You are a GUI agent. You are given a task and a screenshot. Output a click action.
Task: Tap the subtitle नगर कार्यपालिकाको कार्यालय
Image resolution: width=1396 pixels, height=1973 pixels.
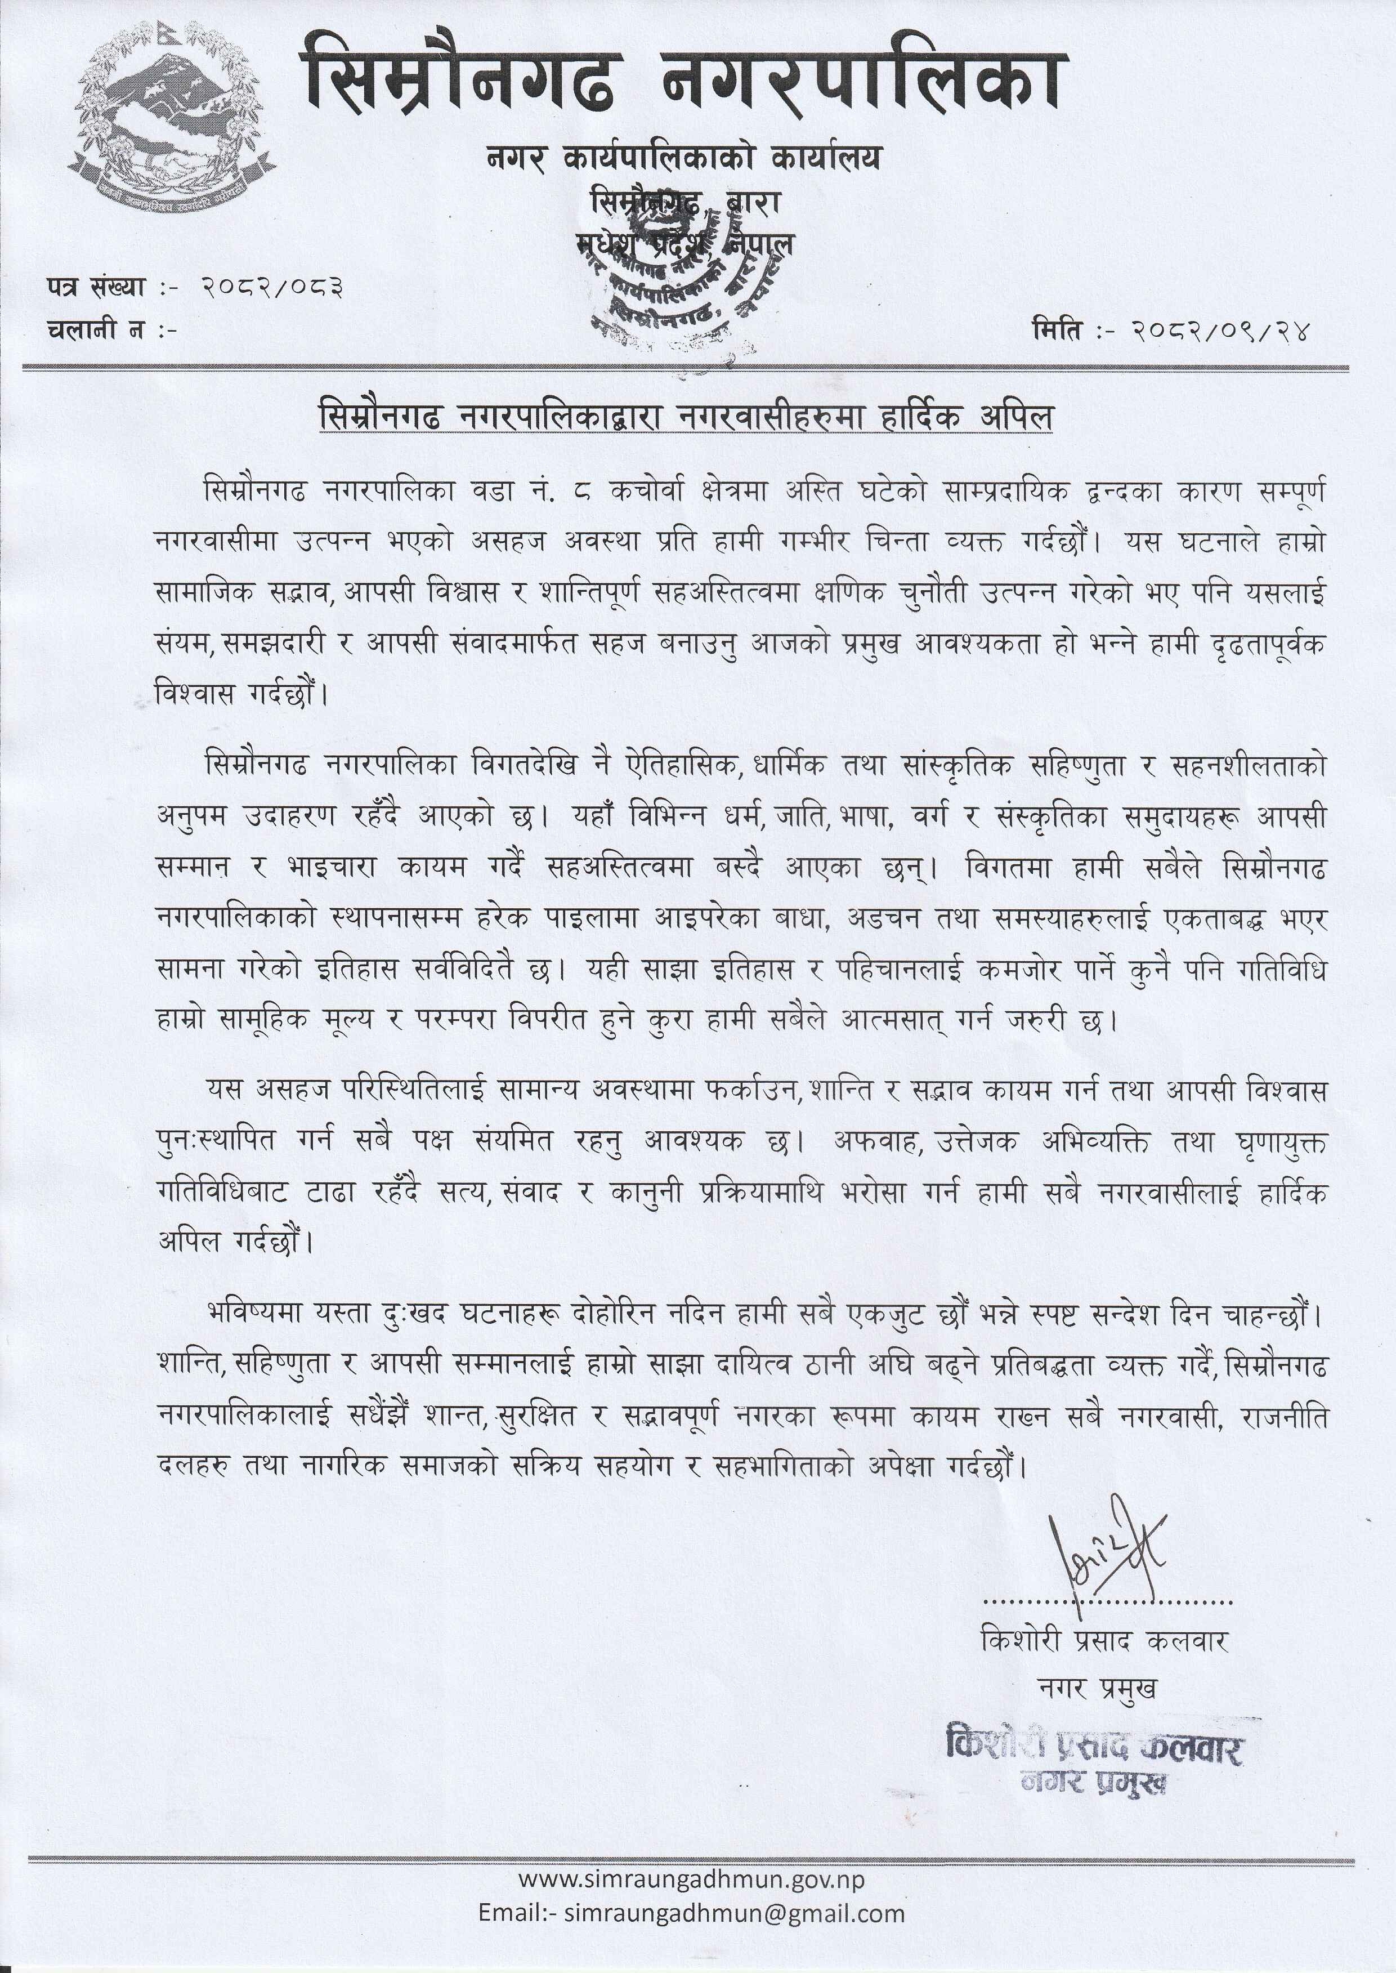(x=683, y=158)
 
